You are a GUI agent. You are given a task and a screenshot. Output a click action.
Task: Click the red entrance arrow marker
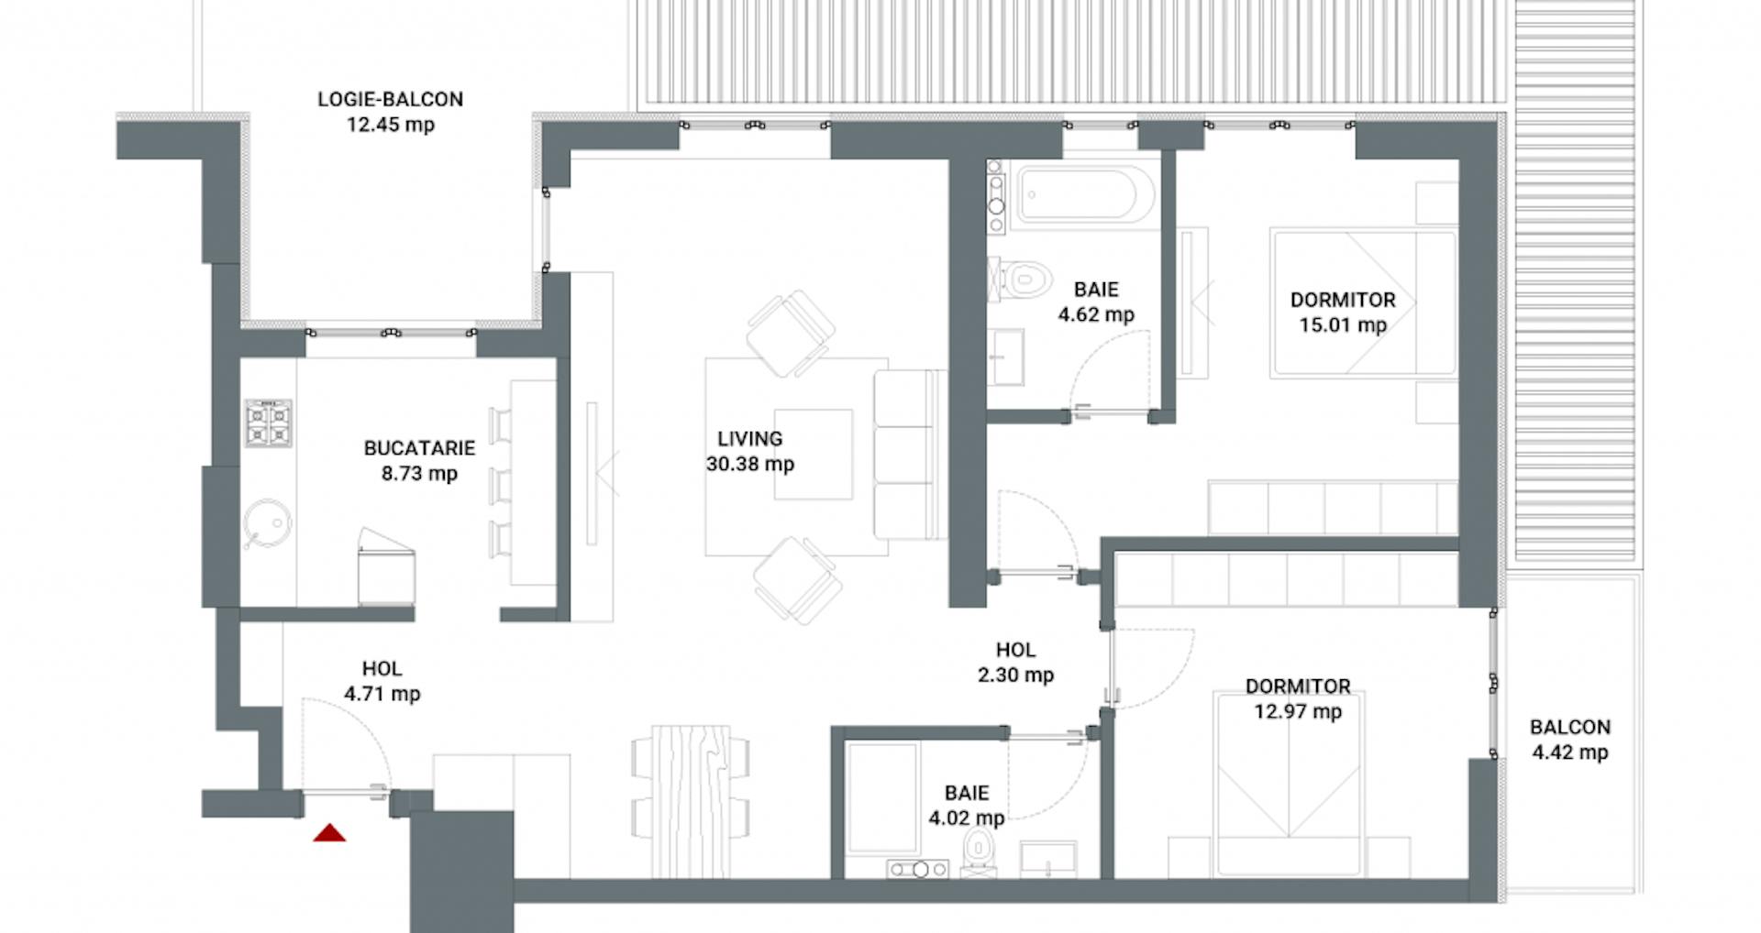329,833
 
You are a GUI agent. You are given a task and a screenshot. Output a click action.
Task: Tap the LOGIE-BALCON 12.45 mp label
390,112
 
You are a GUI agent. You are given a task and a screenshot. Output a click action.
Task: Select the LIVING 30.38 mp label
749,451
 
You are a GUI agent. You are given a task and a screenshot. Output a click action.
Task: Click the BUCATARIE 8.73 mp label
419,460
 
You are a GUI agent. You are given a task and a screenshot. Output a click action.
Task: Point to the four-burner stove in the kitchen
269,423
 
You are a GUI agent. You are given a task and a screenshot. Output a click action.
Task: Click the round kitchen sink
269,523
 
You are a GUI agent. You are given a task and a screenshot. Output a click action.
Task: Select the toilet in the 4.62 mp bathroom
1023,278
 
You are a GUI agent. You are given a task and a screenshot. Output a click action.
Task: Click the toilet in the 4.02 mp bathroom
979,853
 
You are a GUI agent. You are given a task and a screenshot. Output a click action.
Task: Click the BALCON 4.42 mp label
1569,740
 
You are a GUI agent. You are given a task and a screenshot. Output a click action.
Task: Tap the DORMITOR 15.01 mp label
1343,312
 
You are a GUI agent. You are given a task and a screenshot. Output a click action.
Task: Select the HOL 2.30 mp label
1015,662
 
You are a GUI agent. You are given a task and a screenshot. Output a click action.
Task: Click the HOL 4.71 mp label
382,681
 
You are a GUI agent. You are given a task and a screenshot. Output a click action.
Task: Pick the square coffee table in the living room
814,454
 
